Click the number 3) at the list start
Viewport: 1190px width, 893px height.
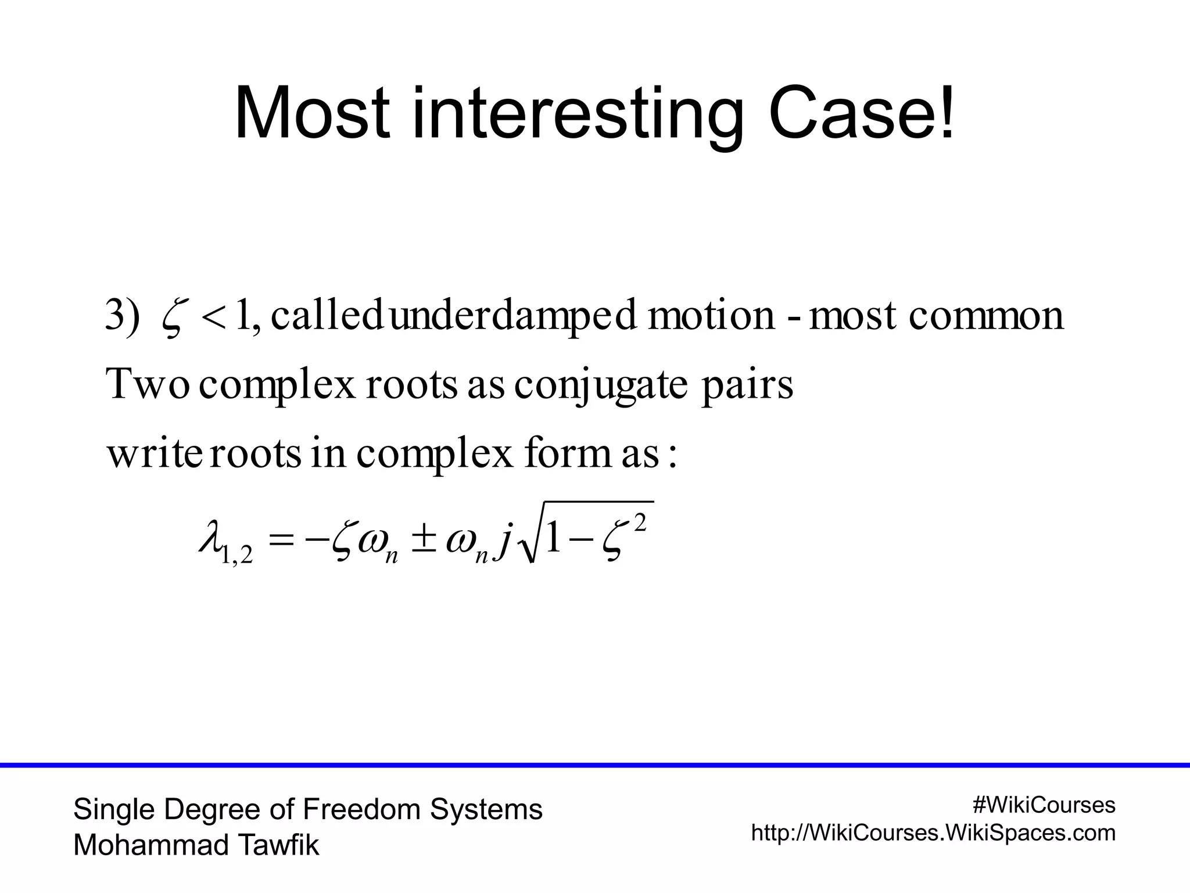123,315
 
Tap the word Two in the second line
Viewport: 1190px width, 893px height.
148,384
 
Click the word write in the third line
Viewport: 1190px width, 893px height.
154,454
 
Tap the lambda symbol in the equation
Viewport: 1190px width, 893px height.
210,539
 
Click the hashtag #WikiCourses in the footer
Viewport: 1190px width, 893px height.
1044,805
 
